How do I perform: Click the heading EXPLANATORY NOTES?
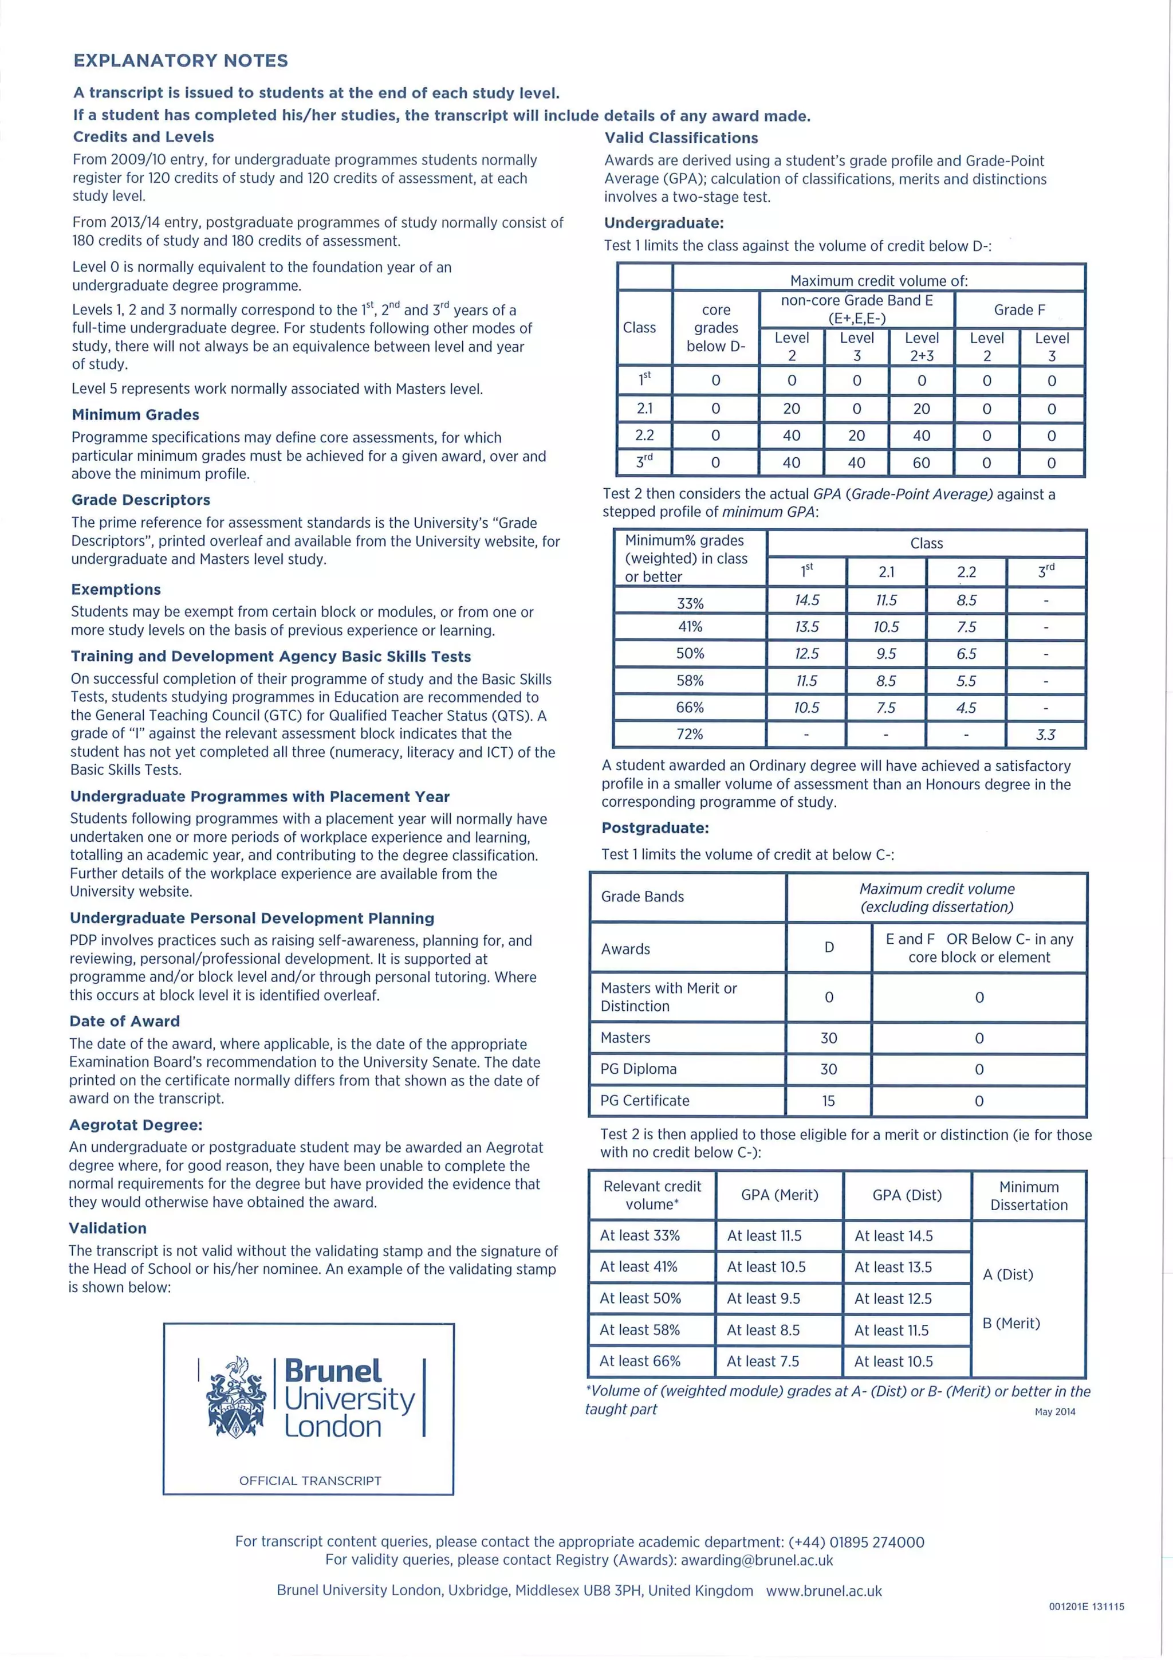[x=180, y=61]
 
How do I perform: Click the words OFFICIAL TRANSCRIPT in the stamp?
[x=310, y=1481]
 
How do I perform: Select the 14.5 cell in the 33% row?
[x=806, y=600]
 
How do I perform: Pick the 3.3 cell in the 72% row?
[x=1046, y=735]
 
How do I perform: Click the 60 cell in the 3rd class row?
[x=922, y=463]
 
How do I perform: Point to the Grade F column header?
[x=1019, y=309]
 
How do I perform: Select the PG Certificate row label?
[x=645, y=1100]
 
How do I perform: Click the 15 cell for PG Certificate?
[x=828, y=1100]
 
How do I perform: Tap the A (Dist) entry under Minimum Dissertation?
[x=1007, y=1274]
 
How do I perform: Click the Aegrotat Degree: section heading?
[x=136, y=1125]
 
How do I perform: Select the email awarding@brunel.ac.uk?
[x=757, y=1560]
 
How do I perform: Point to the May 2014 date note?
[x=1054, y=1411]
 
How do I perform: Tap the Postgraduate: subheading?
[x=655, y=828]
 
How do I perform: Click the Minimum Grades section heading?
[x=135, y=415]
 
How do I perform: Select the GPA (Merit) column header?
[x=779, y=1195]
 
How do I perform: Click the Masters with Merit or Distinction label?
[x=668, y=997]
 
